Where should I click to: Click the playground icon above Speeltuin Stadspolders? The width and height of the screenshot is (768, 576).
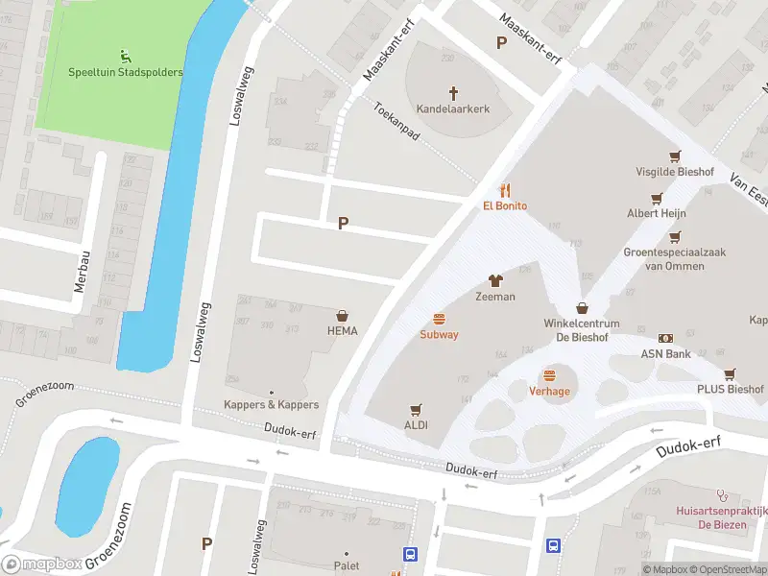125,56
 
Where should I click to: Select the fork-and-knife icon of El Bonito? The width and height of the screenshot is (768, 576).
505,190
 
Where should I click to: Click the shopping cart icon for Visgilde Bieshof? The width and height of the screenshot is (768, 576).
675,156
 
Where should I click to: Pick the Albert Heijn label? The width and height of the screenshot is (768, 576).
656,213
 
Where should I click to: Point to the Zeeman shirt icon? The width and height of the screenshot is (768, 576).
495,280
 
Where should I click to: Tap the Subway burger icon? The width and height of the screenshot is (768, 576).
439,319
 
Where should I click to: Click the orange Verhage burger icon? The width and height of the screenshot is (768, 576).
549,375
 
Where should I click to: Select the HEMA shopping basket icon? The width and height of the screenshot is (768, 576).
342,315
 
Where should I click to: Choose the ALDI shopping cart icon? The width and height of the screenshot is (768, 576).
416,409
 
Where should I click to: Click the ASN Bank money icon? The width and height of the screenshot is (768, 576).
665,338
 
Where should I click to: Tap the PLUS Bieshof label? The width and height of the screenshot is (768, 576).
730,390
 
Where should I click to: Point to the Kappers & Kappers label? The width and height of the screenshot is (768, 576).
271,405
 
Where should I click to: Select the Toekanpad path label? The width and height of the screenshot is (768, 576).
397,125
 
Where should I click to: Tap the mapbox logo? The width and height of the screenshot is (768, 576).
43,564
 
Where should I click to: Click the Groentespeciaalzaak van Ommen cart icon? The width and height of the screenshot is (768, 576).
675,236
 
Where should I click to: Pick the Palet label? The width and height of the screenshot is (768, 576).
347,566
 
